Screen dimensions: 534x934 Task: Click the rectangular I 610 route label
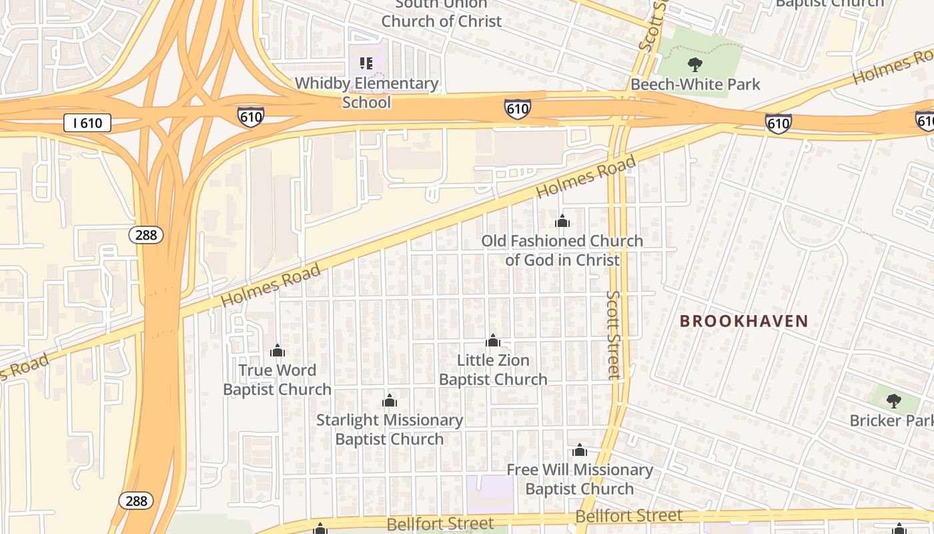(x=87, y=123)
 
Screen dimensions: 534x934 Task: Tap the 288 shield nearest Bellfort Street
(x=136, y=501)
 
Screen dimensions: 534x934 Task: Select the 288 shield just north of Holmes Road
(x=146, y=234)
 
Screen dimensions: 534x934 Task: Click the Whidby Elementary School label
(x=367, y=93)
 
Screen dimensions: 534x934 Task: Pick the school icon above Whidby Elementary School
(x=366, y=63)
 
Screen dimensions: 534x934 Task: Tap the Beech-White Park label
(x=695, y=85)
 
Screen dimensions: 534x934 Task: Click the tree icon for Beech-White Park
(x=695, y=65)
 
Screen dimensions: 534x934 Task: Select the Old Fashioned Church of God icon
(x=562, y=221)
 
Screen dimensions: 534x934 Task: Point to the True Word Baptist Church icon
(x=278, y=350)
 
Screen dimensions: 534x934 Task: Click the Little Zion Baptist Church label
(x=493, y=370)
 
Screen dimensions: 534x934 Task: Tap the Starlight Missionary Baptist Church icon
(x=390, y=400)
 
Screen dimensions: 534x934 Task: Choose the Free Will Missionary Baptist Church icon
(x=580, y=451)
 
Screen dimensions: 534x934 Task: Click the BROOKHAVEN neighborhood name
(x=744, y=321)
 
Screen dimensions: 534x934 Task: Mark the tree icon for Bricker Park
(x=894, y=401)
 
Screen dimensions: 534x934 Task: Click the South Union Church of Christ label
(x=441, y=13)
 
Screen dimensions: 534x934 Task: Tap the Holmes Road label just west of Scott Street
(x=586, y=176)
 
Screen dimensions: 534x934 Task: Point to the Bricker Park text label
(x=891, y=421)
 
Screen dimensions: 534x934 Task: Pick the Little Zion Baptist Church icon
(x=493, y=341)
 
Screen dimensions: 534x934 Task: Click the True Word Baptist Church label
(x=278, y=380)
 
